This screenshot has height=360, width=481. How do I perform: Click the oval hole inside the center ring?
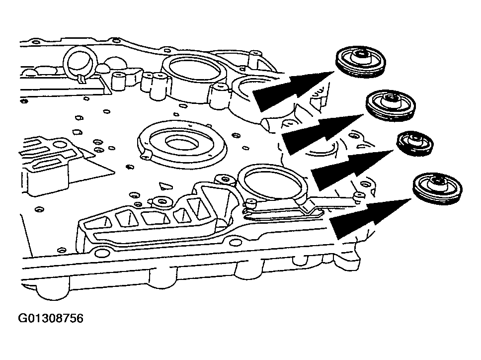178,143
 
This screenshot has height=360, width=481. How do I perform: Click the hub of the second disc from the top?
391,99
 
